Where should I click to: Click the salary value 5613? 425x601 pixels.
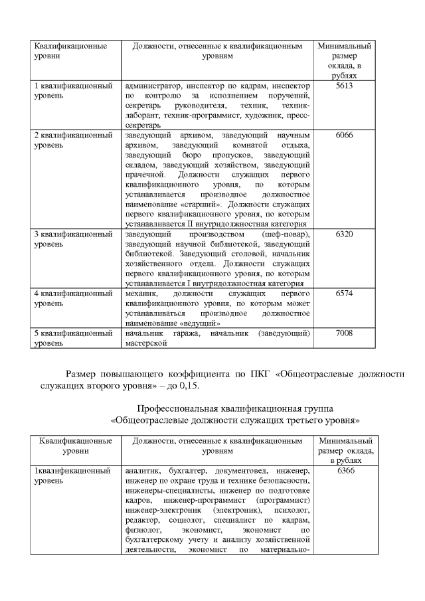[343, 86]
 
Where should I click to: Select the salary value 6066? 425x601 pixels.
[343, 135]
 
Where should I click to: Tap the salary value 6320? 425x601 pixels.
[343, 234]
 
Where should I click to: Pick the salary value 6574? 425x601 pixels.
[343, 292]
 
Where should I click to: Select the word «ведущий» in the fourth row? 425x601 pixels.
[197, 322]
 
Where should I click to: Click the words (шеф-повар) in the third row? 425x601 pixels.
[286, 234]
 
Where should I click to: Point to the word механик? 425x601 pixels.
[141, 292]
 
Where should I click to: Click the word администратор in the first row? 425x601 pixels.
[152, 86]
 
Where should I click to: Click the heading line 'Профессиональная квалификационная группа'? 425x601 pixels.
[235, 406]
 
